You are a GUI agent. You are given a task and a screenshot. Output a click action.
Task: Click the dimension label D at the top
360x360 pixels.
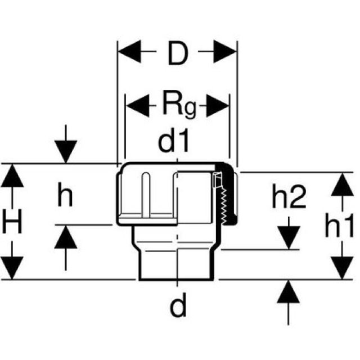pyautogui.click(x=177, y=56)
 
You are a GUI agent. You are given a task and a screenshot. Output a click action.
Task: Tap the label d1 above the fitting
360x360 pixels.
pyautogui.click(x=175, y=142)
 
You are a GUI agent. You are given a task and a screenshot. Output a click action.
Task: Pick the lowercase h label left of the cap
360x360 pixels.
pyautogui.click(x=66, y=196)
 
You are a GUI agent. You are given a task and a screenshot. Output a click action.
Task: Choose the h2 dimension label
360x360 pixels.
pyautogui.click(x=288, y=197)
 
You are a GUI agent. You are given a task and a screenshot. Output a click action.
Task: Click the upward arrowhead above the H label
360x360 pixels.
pyautogui.click(x=13, y=176)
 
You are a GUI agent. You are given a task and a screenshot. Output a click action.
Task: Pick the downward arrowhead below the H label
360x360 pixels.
pyautogui.click(x=13, y=267)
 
